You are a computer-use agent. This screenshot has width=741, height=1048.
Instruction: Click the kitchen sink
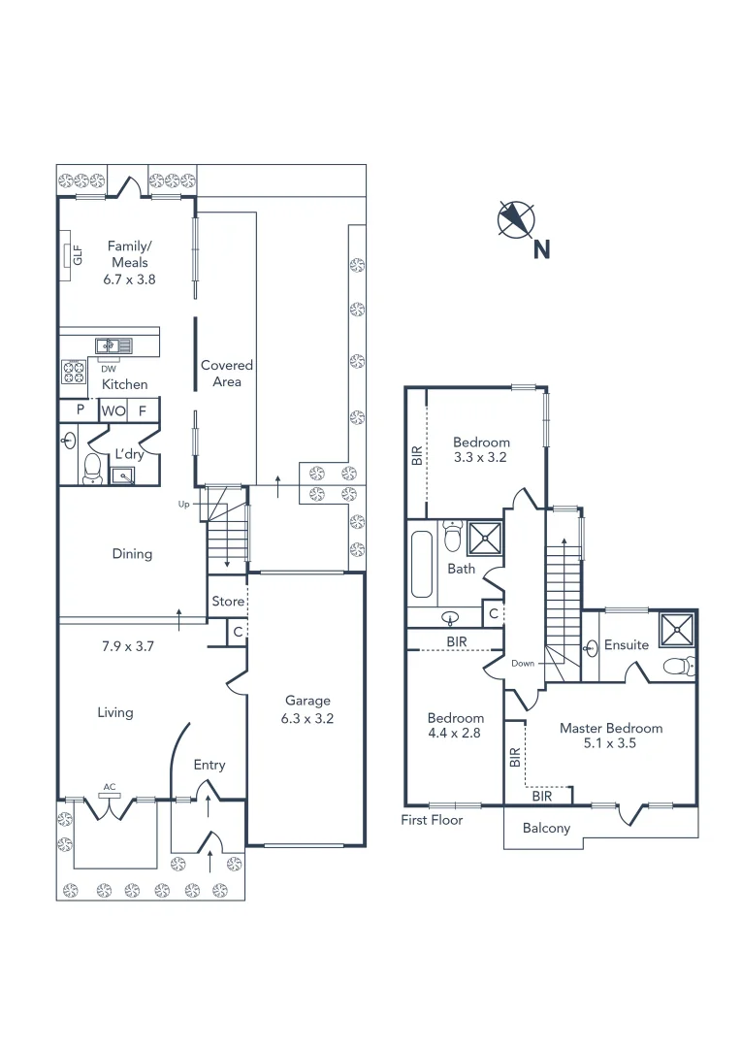pyautogui.click(x=113, y=344)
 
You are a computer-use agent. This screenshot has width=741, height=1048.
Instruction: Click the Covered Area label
pyautogui.click(x=226, y=374)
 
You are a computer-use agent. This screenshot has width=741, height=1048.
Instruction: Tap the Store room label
pyautogui.click(x=228, y=602)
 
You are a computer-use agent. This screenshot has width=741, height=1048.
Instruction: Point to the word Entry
pyautogui.click(x=209, y=765)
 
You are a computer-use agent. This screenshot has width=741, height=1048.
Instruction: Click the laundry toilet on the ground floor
pyautogui.click(x=91, y=468)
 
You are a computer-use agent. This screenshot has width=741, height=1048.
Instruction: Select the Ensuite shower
pyautogui.click(x=677, y=628)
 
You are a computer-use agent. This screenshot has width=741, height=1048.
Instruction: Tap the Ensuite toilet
pyautogui.click(x=680, y=666)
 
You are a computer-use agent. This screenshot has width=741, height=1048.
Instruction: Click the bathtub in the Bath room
pyautogui.click(x=421, y=564)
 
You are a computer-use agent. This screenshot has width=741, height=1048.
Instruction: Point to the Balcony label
pyautogui.click(x=546, y=828)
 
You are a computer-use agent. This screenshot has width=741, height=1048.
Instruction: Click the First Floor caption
pyautogui.click(x=432, y=820)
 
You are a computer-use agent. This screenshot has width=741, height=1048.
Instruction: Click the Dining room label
pyautogui.click(x=132, y=554)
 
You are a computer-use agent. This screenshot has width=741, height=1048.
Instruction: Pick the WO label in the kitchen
pyautogui.click(x=113, y=410)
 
